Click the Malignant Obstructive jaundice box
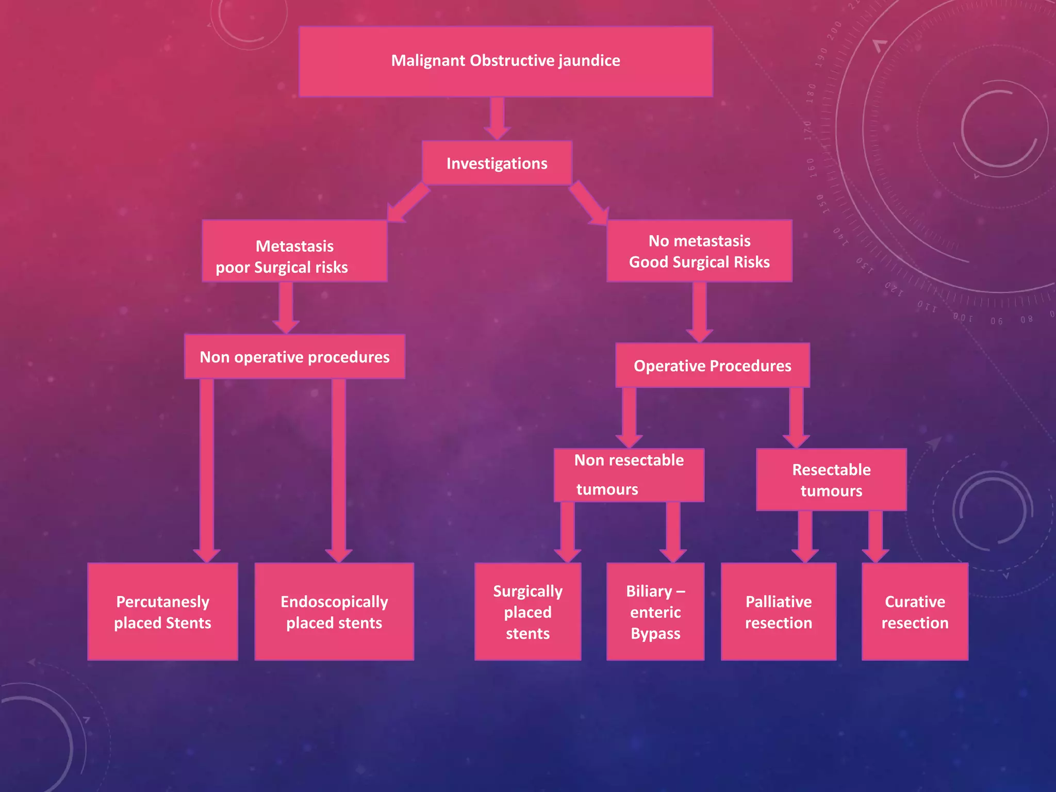[506, 61]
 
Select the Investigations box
[497, 163]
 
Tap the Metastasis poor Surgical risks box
[294, 251]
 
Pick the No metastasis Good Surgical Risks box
[699, 251]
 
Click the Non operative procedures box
[294, 357]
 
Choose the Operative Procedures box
[713, 365]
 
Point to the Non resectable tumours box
[629, 475]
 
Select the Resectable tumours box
[831, 480]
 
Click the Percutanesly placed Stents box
[162, 612]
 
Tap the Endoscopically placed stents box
[334, 612]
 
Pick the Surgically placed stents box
[527, 612]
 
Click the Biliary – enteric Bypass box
[655, 612]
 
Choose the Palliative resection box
[779, 612]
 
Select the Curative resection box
[915, 612]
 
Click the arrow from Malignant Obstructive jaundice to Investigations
[497, 119]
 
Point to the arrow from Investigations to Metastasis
[408, 203]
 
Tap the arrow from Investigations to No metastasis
[589, 203]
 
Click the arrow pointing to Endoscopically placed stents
[339, 471]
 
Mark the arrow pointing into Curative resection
[875, 537]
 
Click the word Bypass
[655, 633]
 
